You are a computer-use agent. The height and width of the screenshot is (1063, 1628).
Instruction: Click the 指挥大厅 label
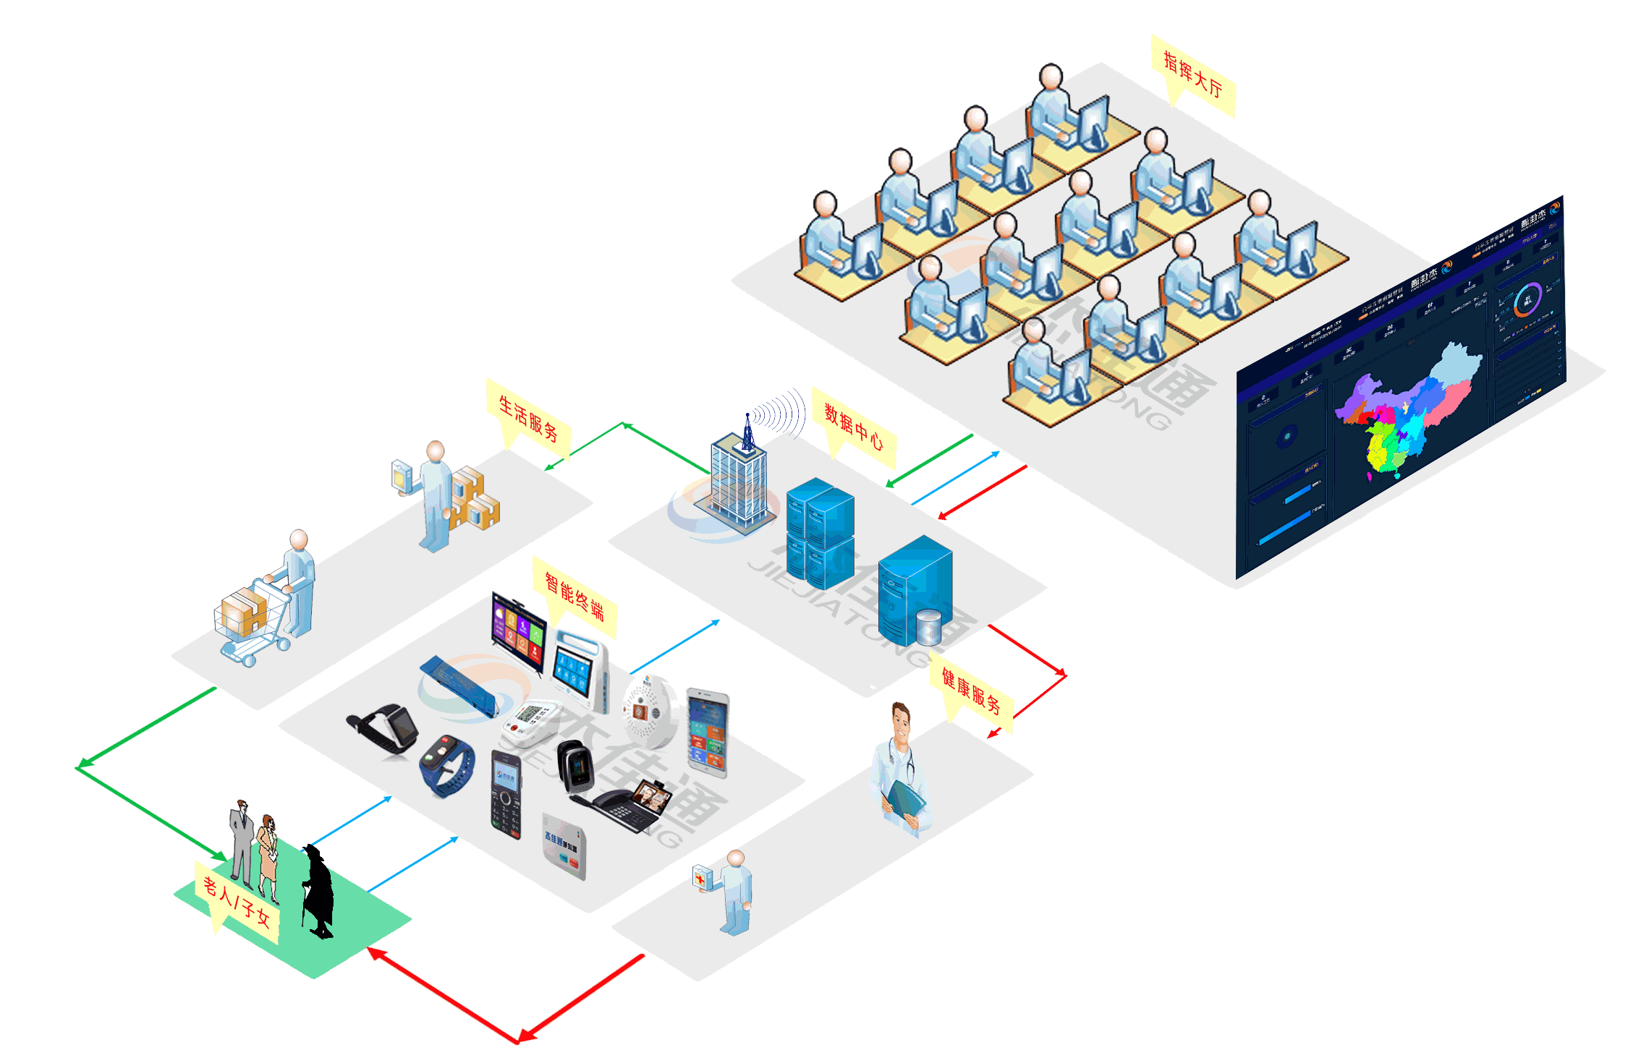tap(1192, 76)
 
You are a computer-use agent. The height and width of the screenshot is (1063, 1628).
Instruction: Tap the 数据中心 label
tap(854, 427)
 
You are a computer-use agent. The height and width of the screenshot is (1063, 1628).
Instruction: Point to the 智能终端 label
tap(575, 597)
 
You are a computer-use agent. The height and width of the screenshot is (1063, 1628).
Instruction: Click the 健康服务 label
tap(971, 691)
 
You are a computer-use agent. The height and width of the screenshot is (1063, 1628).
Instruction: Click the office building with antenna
tap(737, 477)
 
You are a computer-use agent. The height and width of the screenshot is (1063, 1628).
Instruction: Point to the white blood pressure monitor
tap(530, 723)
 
